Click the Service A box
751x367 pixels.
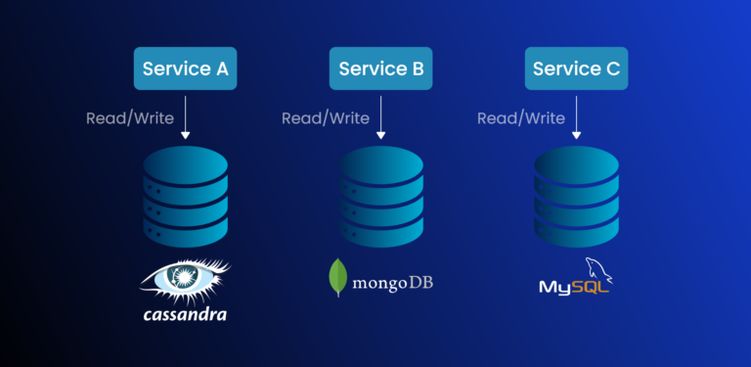[186, 69]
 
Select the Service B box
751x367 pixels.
[381, 69]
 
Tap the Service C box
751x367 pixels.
[577, 69]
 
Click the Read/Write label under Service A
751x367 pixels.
[130, 118]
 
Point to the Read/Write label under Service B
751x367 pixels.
[326, 118]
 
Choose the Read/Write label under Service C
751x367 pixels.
[521, 118]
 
